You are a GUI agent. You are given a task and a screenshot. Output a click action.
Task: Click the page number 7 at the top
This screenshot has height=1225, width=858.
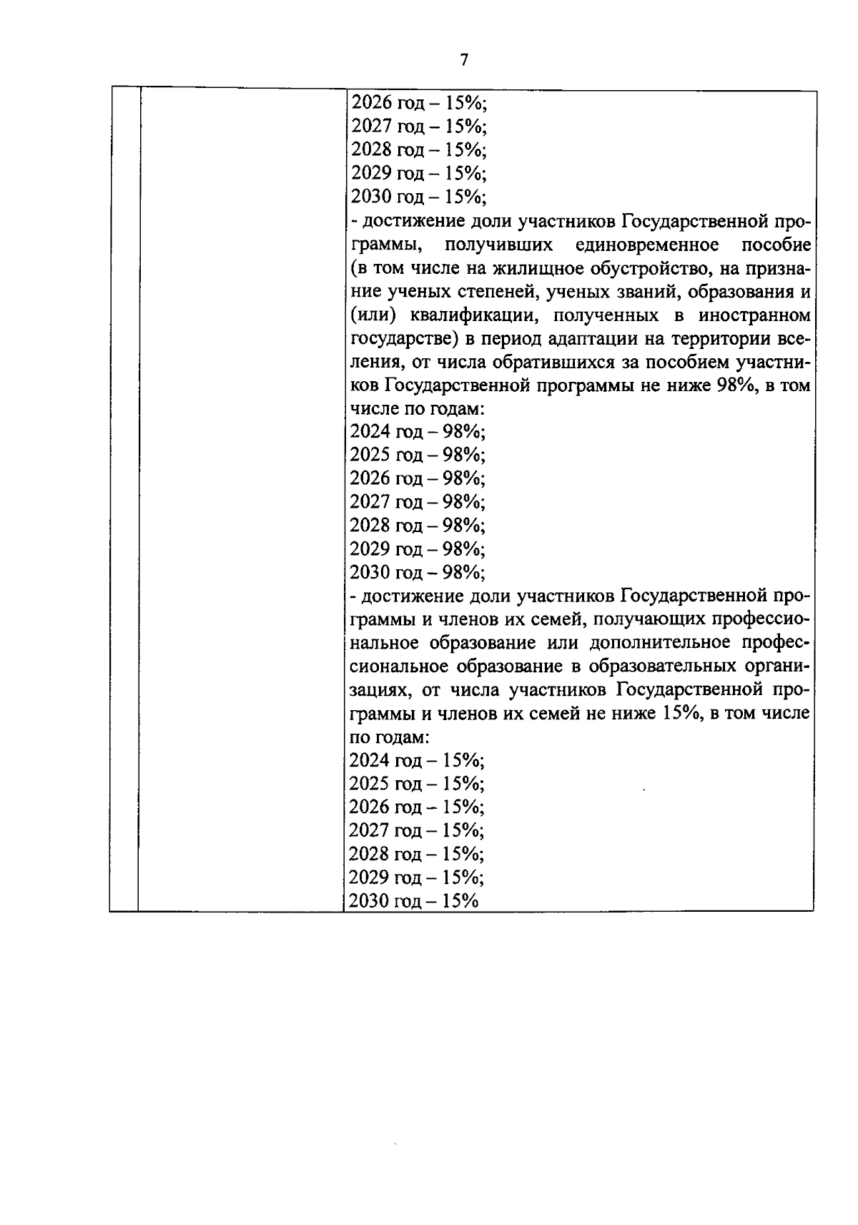[x=464, y=60]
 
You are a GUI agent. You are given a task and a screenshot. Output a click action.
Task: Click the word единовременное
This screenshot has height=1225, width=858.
[x=646, y=245]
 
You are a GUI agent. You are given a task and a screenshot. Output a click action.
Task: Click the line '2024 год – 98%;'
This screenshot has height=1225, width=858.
[x=417, y=432]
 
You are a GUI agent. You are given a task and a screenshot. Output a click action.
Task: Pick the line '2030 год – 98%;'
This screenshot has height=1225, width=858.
[x=417, y=572]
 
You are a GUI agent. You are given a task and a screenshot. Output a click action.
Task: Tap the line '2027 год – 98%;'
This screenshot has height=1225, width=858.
[x=417, y=502]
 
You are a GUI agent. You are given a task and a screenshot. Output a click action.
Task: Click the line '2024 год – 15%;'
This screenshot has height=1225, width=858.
[x=417, y=760]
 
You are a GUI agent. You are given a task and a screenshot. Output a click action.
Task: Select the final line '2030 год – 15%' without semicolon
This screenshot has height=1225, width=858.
[x=413, y=901]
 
